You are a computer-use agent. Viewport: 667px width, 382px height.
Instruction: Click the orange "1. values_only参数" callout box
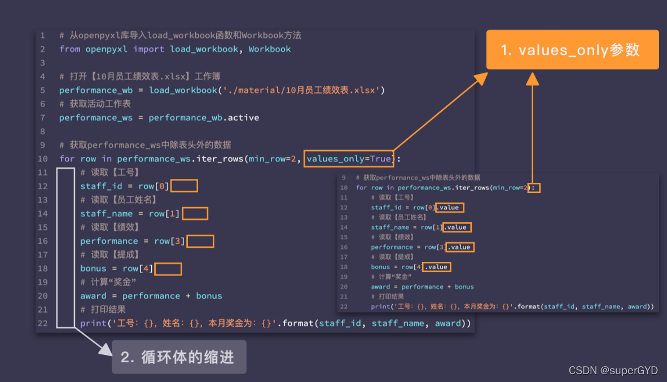point(572,50)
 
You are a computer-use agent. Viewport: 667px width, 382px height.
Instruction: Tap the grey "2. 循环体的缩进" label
point(178,357)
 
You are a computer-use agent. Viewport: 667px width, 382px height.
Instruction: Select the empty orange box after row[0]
point(185,186)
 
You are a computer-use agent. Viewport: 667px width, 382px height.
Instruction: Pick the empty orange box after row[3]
point(200,241)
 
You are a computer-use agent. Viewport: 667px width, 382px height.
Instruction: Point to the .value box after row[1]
point(456,227)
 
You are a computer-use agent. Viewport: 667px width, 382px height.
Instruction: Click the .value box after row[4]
point(437,267)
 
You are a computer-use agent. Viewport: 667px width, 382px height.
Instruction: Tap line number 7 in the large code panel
point(43,117)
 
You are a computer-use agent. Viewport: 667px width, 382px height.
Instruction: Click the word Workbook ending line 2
point(270,49)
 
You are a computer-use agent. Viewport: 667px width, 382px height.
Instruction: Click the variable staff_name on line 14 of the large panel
point(107,213)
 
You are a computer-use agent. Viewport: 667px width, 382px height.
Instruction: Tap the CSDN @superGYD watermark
point(613,370)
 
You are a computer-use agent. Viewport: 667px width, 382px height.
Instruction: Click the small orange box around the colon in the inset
point(534,187)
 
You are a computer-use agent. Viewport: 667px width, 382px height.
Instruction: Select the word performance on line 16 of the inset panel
point(392,247)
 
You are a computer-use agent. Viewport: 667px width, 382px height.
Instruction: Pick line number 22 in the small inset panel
point(344,306)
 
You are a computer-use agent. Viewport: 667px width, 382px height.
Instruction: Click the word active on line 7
point(243,117)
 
